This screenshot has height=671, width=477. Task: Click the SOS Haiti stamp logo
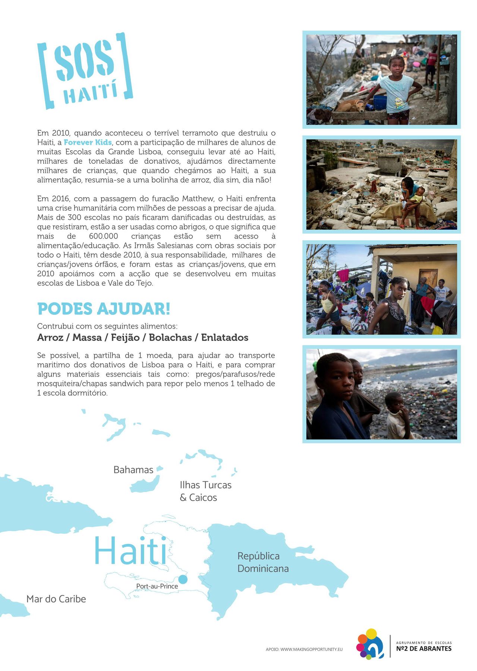pos(85,70)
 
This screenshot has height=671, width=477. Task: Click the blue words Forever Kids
pos(88,142)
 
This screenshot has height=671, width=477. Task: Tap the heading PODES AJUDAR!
pos(104,309)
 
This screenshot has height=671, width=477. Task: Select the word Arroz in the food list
pos(50,338)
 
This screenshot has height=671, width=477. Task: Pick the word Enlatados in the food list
pos(225,338)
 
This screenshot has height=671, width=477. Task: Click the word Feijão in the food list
pos(125,338)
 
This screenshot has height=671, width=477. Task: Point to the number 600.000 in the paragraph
pos(103,236)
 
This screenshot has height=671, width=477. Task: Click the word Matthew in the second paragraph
pos(197,199)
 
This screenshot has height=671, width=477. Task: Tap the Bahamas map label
pos(133,470)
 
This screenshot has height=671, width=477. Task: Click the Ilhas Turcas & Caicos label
pos(205,491)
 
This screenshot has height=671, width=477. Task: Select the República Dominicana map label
pos(263,562)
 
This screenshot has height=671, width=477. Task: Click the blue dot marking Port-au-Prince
pos(183,579)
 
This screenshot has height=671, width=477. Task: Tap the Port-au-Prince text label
pos(157,586)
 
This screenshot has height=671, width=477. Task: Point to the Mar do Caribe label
pos(56,599)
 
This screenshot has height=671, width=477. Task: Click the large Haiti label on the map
pos(130,551)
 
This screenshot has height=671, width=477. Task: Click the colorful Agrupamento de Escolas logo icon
pos(370,644)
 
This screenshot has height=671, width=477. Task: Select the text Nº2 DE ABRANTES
pos(424,649)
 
